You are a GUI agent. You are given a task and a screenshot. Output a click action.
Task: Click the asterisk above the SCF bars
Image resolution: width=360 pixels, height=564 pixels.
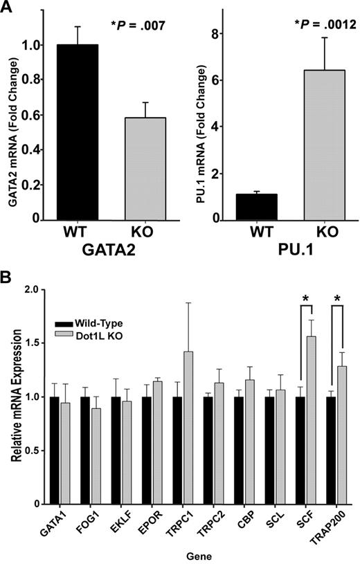coord(305,298)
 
